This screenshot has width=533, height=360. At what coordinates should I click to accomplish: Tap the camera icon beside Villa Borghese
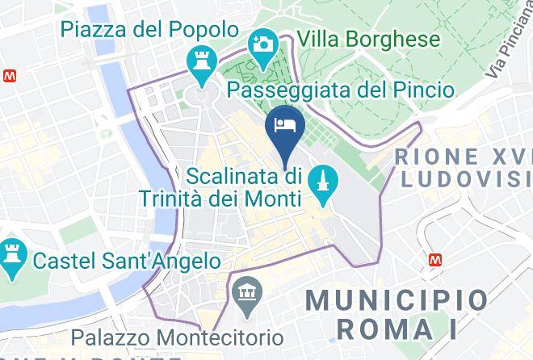click(262, 43)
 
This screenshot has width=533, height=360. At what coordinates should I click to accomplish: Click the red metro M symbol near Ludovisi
click(436, 260)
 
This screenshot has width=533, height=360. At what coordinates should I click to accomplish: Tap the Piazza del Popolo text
click(149, 31)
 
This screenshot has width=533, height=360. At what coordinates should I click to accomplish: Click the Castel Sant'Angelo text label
click(126, 261)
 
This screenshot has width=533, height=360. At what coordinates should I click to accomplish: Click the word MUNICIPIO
click(397, 301)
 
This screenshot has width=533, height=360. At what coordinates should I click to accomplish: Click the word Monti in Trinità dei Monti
click(274, 198)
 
